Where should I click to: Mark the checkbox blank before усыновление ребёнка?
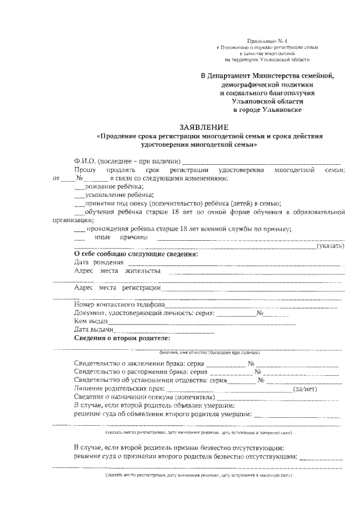point(78,196)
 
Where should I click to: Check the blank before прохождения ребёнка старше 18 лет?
point(79,229)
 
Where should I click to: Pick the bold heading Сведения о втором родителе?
point(121,339)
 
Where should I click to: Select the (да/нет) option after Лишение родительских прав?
point(304,389)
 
